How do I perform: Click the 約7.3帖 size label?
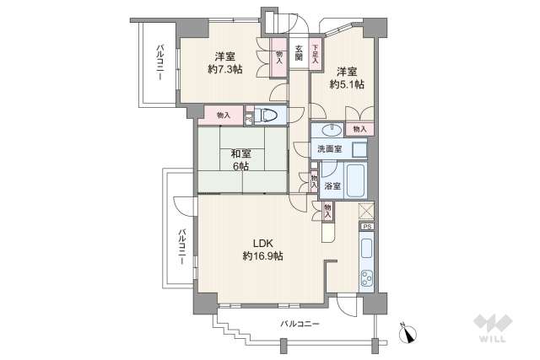(224, 69)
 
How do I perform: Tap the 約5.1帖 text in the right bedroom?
(346, 84)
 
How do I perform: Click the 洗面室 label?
(329, 149)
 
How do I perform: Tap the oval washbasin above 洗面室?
(330, 130)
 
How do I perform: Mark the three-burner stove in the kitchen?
(367, 277)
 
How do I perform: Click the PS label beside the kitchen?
(366, 227)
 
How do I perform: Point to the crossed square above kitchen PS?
(366, 212)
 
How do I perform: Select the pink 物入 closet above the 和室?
(223, 114)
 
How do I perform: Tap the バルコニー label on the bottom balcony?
(300, 323)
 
